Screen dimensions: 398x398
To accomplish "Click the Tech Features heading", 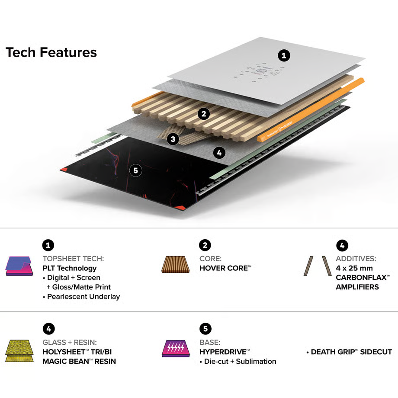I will tap(51, 52).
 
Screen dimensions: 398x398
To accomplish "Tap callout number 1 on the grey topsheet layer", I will tap(284, 55).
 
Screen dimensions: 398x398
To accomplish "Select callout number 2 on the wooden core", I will tap(203, 114).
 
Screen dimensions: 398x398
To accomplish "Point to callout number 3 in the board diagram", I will tap(173, 139).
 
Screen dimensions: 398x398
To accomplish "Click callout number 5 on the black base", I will tap(136, 170).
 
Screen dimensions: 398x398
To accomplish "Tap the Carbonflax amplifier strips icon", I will tap(317, 266).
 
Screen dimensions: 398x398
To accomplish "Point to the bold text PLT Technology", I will tap(69, 268).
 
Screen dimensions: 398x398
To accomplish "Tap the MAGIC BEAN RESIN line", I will tap(79, 361).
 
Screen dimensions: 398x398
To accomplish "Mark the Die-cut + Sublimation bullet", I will tap(238, 361).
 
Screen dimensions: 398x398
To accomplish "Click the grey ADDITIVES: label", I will tap(356, 259).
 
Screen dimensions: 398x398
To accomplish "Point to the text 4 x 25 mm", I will tap(354, 268).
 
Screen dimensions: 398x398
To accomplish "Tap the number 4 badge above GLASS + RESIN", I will tap(48, 329).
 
